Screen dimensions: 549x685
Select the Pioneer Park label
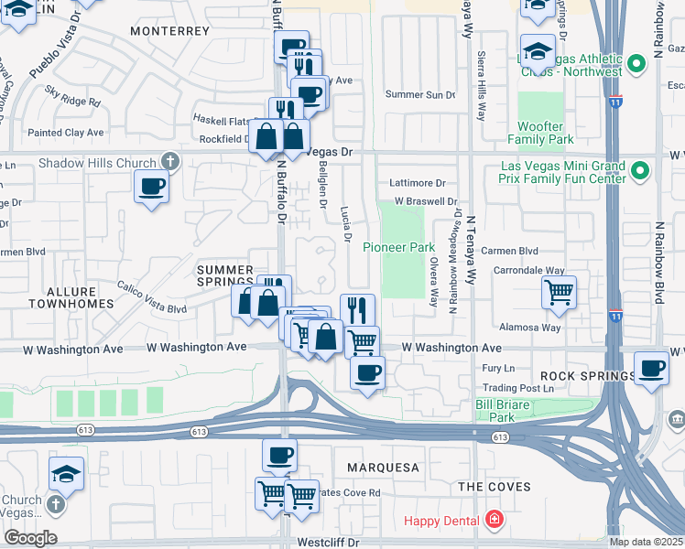[398, 247]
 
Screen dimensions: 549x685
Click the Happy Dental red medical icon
[495, 521]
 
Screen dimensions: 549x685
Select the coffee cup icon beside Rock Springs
[651, 368]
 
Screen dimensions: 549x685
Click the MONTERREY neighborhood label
[170, 31]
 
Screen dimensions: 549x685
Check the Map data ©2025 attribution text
[647, 542]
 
